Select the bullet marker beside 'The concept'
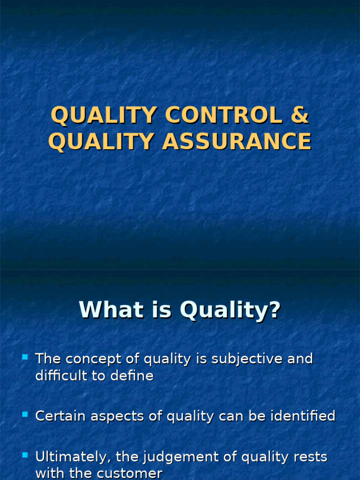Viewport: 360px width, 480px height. click(25, 358)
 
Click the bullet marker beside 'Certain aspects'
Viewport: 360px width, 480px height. click(25, 415)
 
